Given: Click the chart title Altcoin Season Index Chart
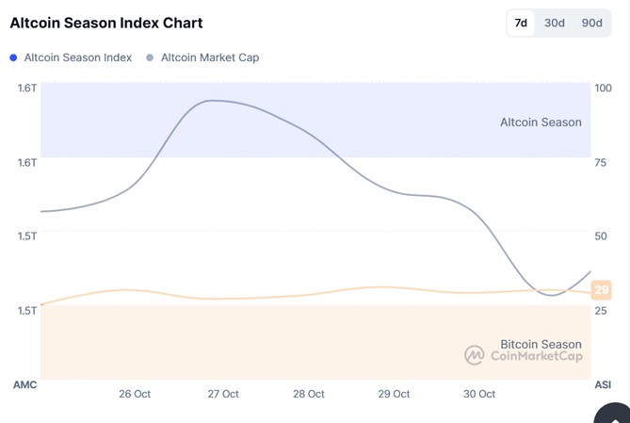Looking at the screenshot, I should tap(105, 23).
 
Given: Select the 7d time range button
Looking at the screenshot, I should tap(521, 23).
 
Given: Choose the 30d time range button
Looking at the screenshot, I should tap(555, 23).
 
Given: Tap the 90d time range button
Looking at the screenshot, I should tap(591, 23).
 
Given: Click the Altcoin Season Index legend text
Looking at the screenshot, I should tap(77, 57).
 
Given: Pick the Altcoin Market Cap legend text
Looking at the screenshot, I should tap(209, 57).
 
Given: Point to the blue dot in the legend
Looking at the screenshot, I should tap(13, 57).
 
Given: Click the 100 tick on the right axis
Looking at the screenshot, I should tap(602, 88).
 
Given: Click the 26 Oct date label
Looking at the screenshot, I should tap(135, 394).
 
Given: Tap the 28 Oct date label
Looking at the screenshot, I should tap(309, 394).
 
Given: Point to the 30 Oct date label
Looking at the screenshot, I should tap(480, 394).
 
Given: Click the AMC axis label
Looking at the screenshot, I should tap(24, 384).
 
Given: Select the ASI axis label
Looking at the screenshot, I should tap(603, 384).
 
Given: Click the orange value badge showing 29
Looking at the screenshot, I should tap(601, 290).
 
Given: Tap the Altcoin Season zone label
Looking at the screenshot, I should tap(541, 122).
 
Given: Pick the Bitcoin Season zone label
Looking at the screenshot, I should tap(541, 344).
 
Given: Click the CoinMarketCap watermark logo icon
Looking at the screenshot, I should tap(474, 355).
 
